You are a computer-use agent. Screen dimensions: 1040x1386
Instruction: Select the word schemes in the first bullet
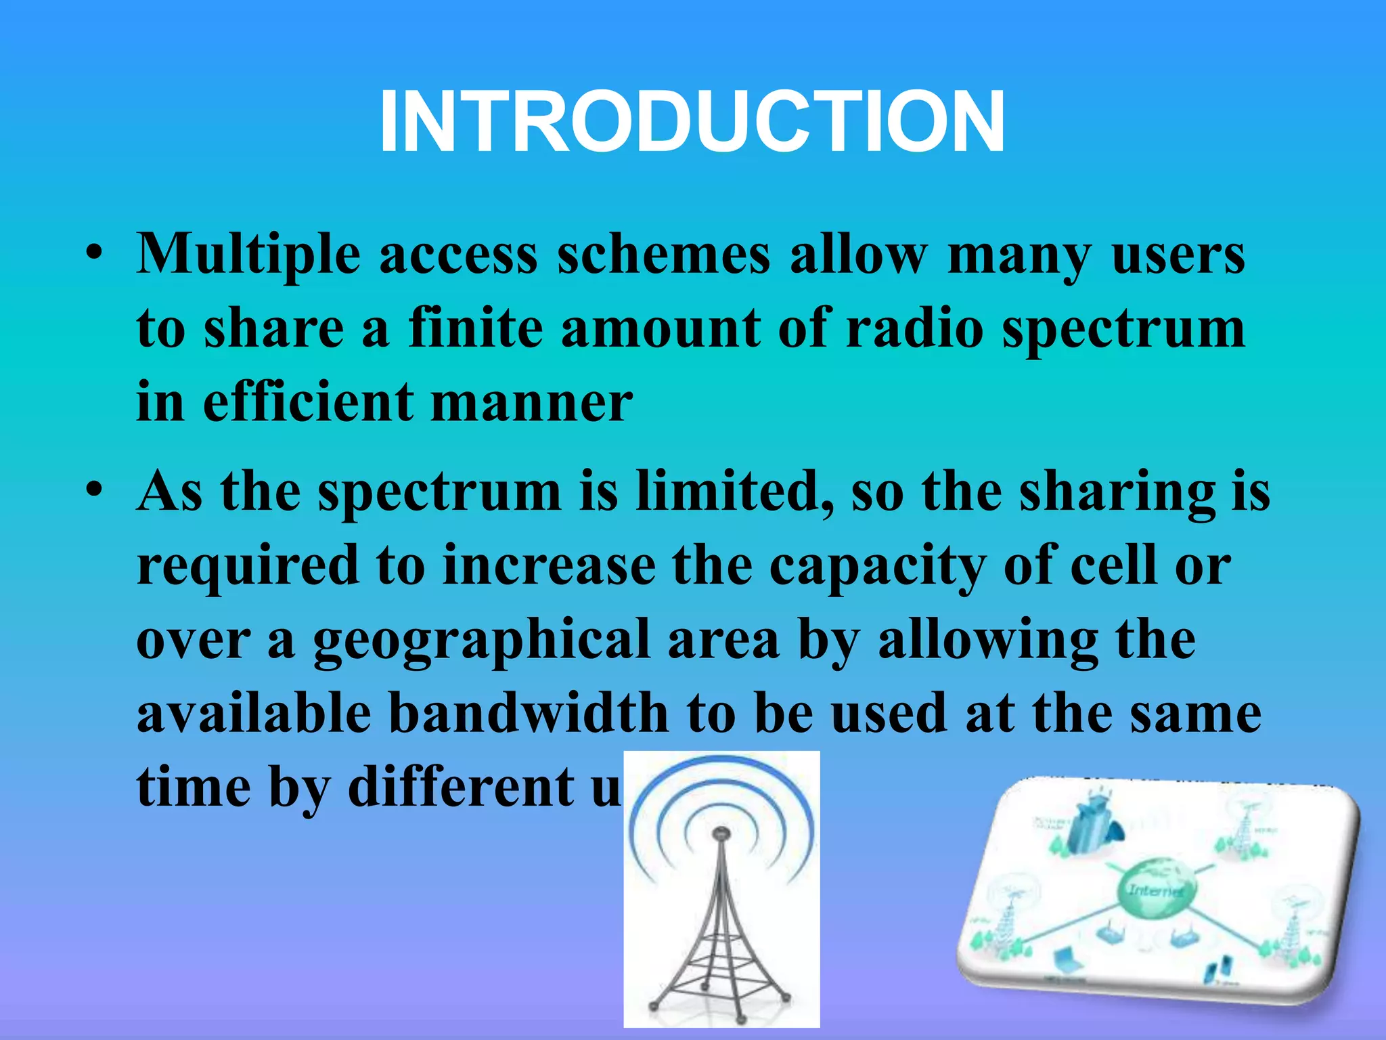663,256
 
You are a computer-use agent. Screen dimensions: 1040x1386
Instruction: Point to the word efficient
308,403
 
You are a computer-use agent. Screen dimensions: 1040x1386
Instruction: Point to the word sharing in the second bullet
1117,492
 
